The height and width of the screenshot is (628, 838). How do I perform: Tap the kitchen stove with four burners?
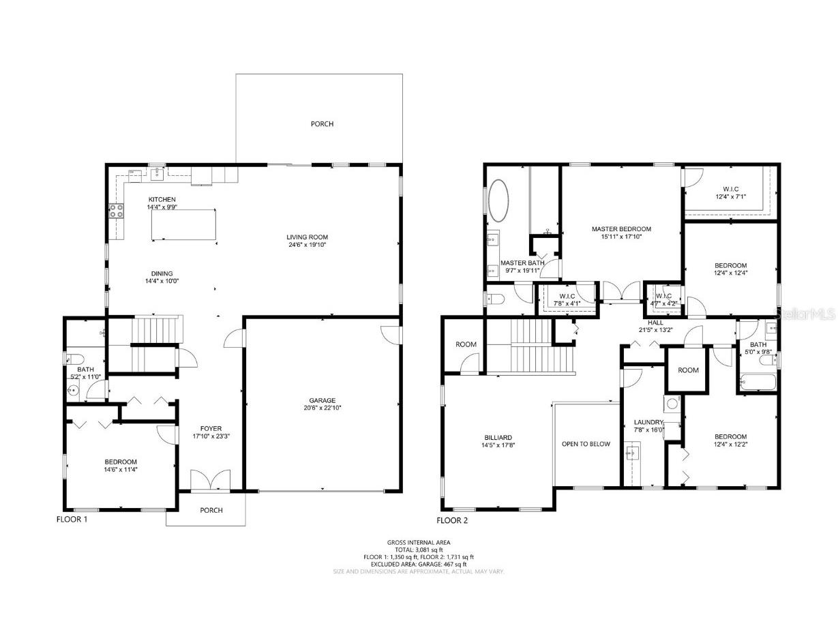tap(116, 211)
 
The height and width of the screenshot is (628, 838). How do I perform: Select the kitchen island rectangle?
tap(185, 225)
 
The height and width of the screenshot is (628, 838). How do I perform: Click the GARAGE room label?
tap(322, 400)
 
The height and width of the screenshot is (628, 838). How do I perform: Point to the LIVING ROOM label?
tap(312, 237)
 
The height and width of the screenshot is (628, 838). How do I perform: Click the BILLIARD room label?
tap(498, 438)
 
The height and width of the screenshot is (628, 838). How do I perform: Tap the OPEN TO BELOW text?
tap(586, 444)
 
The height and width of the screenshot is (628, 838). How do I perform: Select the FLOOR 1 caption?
tap(72, 519)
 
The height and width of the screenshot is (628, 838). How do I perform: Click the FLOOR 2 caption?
tap(453, 520)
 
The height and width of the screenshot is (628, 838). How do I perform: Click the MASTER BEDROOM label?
tap(621, 229)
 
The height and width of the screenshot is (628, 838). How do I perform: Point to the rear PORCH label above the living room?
tap(322, 124)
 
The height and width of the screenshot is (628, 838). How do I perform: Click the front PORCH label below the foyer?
tap(211, 510)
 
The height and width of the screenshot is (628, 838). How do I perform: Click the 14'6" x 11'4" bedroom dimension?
tap(121, 469)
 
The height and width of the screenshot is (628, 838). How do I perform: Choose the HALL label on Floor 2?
tap(655, 323)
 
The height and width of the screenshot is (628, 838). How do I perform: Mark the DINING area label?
tap(162, 273)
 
